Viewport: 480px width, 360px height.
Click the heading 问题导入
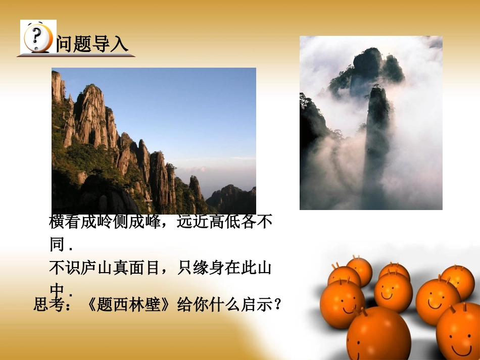click(92, 44)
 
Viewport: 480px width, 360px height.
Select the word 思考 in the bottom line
click(48, 304)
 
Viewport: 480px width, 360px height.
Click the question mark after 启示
click(276, 304)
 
